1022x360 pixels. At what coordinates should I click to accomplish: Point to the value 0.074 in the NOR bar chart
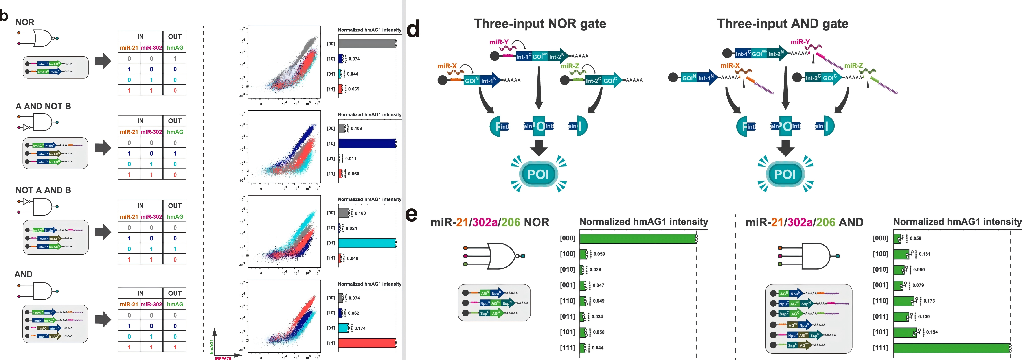pyautogui.click(x=354, y=59)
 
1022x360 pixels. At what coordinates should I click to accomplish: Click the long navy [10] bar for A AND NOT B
pyautogui.click(x=367, y=143)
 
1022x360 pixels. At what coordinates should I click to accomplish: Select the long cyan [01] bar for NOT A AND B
pyautogui.click(x=367, y=243)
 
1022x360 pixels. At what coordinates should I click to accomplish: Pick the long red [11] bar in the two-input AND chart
pyautogui.click(x=367, y=343)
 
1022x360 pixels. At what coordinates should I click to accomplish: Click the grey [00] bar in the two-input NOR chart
pyautogui.click(x=367, y=44)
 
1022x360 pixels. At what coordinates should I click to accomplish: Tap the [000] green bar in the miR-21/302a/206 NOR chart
pyautogui.click(x=638, y=238)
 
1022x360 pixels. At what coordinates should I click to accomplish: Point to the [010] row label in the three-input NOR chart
pyautogui.click(x=567, y=270)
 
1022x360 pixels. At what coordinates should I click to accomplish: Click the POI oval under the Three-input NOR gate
pyautogui.click(x=538, y=174)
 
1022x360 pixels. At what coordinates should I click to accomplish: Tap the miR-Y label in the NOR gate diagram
pyautogui.click(x=499, y=42)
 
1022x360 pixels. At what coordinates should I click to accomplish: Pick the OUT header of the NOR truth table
pyautogui.click(x=175, y=37)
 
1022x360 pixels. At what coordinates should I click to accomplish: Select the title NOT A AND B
pyautogui.click(x=43, y=190)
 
